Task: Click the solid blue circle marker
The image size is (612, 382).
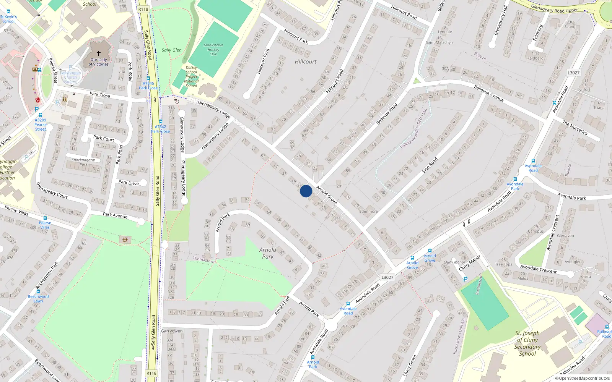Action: [x=306, y=191]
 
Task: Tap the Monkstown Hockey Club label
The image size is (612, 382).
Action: [x=213, y=50]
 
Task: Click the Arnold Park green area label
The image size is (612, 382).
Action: [x=268, y=253]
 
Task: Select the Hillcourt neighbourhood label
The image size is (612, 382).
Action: [x=306, y=62]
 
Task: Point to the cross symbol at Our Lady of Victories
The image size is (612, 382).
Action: [x=99, y=53]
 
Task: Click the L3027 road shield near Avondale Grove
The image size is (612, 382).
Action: [x=387, y=277]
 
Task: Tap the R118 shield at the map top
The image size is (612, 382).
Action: [x=143, y=9]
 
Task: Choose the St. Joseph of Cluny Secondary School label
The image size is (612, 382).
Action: [x=527, y=343]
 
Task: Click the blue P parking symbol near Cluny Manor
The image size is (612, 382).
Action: [x=466, y=279]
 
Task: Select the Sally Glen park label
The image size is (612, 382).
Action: [x=171, y=50]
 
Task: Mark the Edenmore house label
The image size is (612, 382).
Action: [x=368, y=211]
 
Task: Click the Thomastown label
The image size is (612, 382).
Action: [x=204, y=260]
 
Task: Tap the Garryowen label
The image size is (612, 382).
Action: [x=172, y=331]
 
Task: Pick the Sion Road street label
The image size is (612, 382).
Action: [x=430, y=165]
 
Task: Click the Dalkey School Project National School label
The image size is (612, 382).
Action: [x=191, y=76]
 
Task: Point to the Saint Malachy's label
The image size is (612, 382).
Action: [x=439, y=42]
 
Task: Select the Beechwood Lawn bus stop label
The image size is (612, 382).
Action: [x=38, y=298]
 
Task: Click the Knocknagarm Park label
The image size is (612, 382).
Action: [x=83, y=162]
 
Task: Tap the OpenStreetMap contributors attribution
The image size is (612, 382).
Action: [x=583, y=378]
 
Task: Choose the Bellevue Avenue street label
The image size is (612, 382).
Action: [x=489, y=93]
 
